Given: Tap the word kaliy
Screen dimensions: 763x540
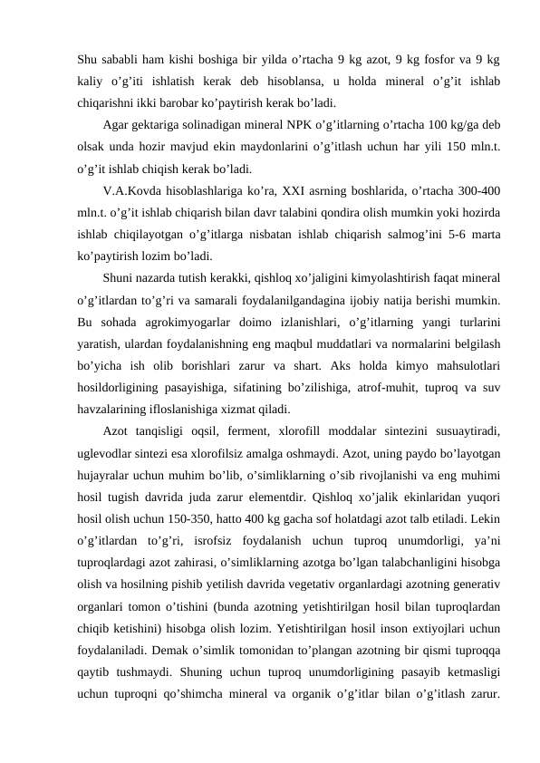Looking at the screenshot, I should (x=91, y=82).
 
